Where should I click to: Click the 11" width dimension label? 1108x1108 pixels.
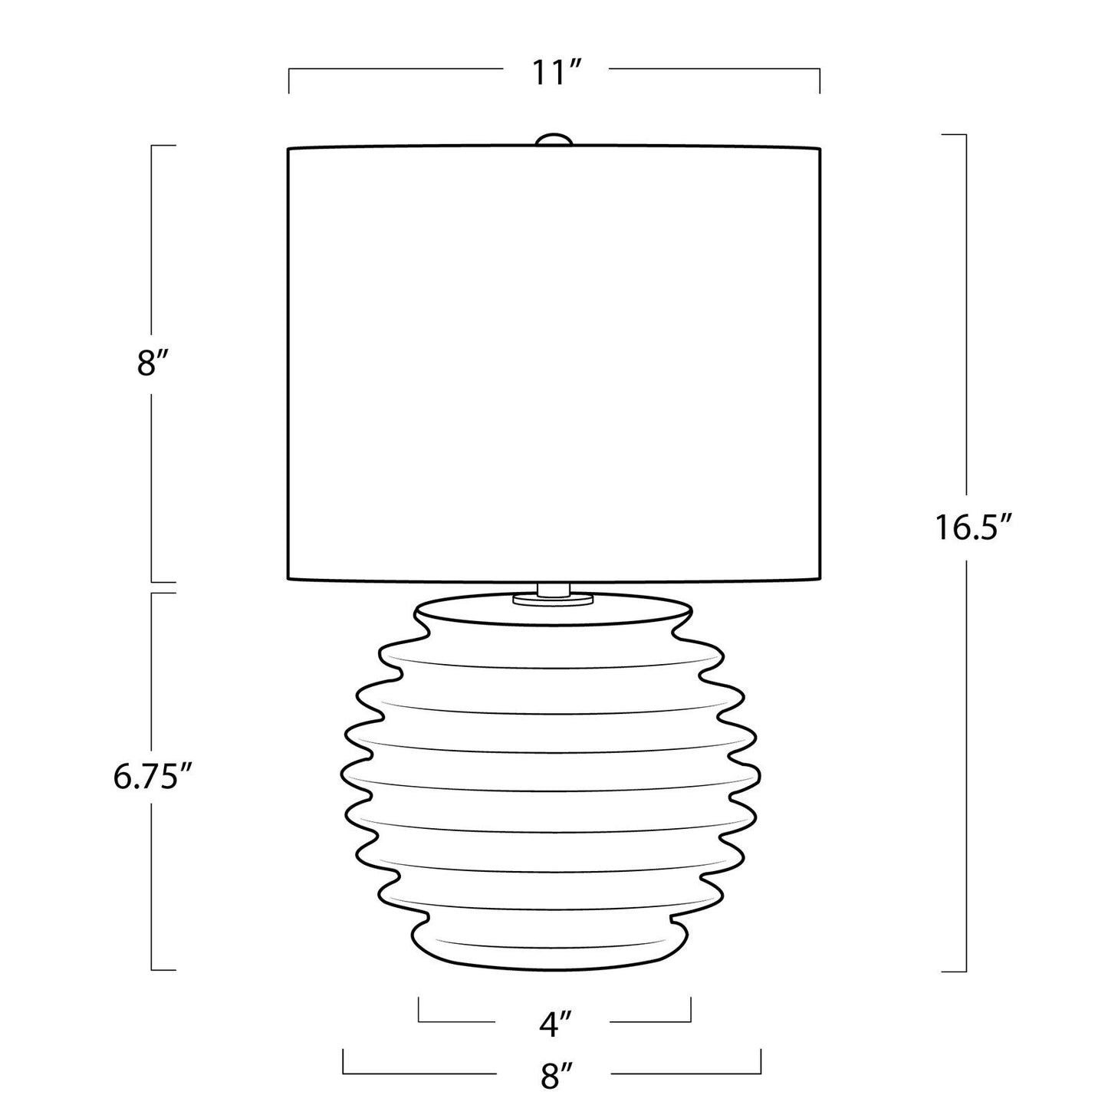[556, 73]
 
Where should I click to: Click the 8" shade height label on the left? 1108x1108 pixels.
[153, 363]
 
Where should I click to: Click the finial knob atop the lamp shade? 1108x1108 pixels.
[554, 141]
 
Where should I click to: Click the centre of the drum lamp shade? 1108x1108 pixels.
[554, 363]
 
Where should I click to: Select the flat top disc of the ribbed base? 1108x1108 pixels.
[553, 611]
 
